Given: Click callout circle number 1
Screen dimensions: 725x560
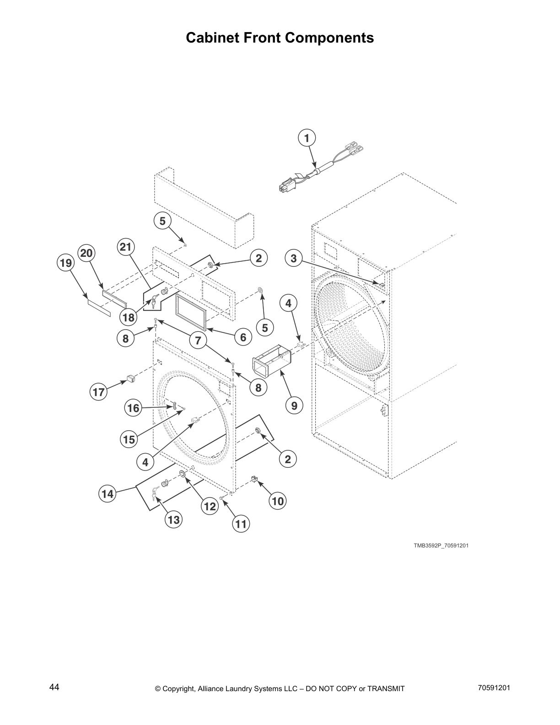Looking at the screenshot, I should pyautogui.click(x=307, y=138).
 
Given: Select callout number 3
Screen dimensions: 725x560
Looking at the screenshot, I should pyautogui.click(x=294, y=258).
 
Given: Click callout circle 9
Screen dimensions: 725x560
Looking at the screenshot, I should pyautogui.click(x=294, y=406).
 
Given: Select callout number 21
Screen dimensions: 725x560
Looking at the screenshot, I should pyautogui.click(x=125, y=248).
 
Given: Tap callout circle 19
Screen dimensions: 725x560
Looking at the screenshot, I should pyautogui.click(x=65, y=263).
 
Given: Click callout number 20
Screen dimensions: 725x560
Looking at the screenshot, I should pyautogui.click(x=86, y=253).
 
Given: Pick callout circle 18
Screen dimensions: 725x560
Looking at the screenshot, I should pyautogui.click(x=129, y=317).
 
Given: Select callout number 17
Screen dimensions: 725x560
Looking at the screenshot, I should pyautogui.click(x=99, y=392).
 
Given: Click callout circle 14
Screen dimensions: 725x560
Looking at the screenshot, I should pyautogui.click(x=108, y=494).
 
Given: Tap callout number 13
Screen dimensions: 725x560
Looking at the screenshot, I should pyautogui.click(x=173, y=519).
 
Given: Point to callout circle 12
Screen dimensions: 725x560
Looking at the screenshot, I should pyautogui.click(x=210, y=506).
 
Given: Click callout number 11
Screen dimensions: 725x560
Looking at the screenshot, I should pyautogui.click(x=241, y=524).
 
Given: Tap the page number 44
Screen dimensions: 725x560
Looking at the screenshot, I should pyautogui.click(x=54, y=687).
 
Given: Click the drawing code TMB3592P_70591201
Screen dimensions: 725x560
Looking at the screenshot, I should pyautogui.click(x=441, y=546).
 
